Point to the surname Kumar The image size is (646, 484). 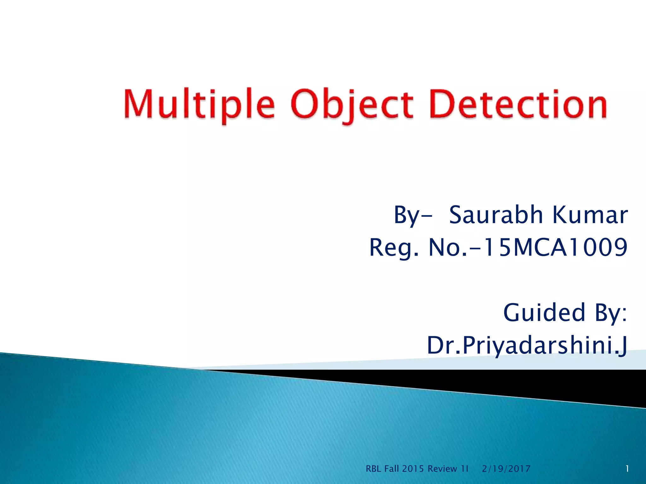click(590, 215)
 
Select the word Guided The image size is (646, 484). click(544, 313)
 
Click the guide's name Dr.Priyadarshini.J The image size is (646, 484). click(527, 345)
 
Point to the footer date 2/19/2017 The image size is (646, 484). click(506, 469)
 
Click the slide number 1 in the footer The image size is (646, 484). click(627, 469)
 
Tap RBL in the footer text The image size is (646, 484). click(373, 469)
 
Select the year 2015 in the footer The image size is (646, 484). click(413, 469)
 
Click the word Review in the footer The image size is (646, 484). click(442, 469)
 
